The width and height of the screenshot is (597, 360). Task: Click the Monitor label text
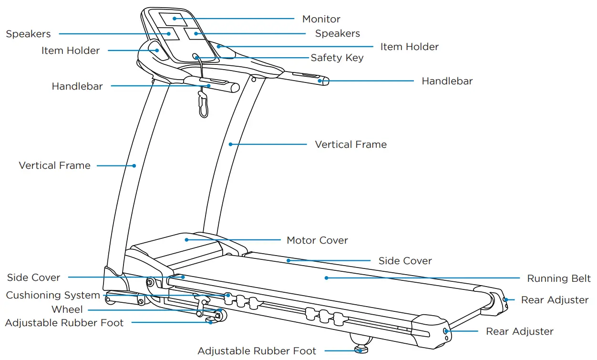321,19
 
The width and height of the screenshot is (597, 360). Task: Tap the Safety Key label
337,58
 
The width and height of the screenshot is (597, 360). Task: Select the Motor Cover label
317,240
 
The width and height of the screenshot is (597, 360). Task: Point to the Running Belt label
558,278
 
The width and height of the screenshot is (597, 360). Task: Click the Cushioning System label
53,295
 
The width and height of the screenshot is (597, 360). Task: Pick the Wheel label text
67,309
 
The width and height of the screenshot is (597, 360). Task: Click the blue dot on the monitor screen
175,19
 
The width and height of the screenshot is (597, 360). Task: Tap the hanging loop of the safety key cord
204,106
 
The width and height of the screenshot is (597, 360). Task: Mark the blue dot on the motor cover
186,239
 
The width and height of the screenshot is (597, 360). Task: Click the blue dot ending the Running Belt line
327,278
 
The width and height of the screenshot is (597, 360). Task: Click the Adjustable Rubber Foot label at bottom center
257,351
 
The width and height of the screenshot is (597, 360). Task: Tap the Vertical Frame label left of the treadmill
54,165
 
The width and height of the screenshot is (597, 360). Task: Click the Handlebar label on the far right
447,81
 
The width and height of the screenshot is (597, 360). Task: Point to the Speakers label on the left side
28,34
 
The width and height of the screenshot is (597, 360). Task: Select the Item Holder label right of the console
409,47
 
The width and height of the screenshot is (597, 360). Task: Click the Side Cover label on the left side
33,278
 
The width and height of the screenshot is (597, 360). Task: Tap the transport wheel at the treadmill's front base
219,315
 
